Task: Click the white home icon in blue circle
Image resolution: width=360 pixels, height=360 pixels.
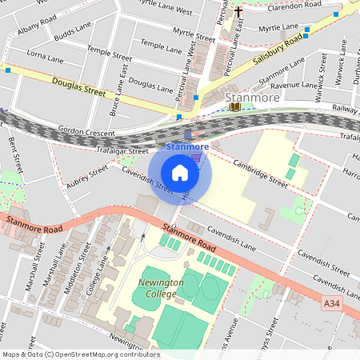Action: (180, 172)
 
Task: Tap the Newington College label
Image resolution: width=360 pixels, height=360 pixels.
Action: (160, 288)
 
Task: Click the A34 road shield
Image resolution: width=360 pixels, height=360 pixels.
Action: (334, 303)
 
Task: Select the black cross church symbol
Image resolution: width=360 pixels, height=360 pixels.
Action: (238, 12)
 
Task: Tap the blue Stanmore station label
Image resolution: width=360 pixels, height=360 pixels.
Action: (187, 147)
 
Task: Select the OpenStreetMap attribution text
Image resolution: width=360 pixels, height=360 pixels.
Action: (80, 354)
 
